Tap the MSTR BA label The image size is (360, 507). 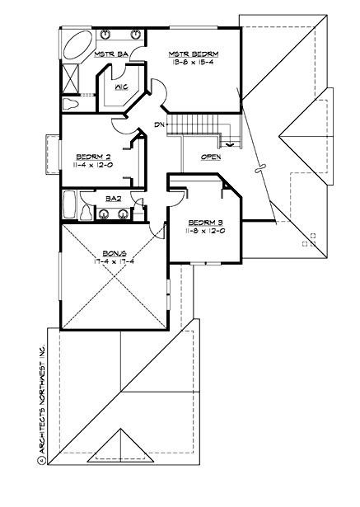pyautogui.click(x=110, y=55)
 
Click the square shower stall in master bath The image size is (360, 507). pyautogui.click(x=72, y=80)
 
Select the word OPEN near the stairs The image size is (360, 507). pyautogui.click(x=211, y=156)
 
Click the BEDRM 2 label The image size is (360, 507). pyautogui.click(x=90, y=156)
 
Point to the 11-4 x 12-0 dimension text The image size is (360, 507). pyautogui.click(x=90, y=166)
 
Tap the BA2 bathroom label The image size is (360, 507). pyautogui.click(x=114, y=198)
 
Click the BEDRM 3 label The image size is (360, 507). pyautogui.click(x=202, y=223)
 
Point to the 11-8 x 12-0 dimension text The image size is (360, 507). pyautogui.click(x=202, y=232)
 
